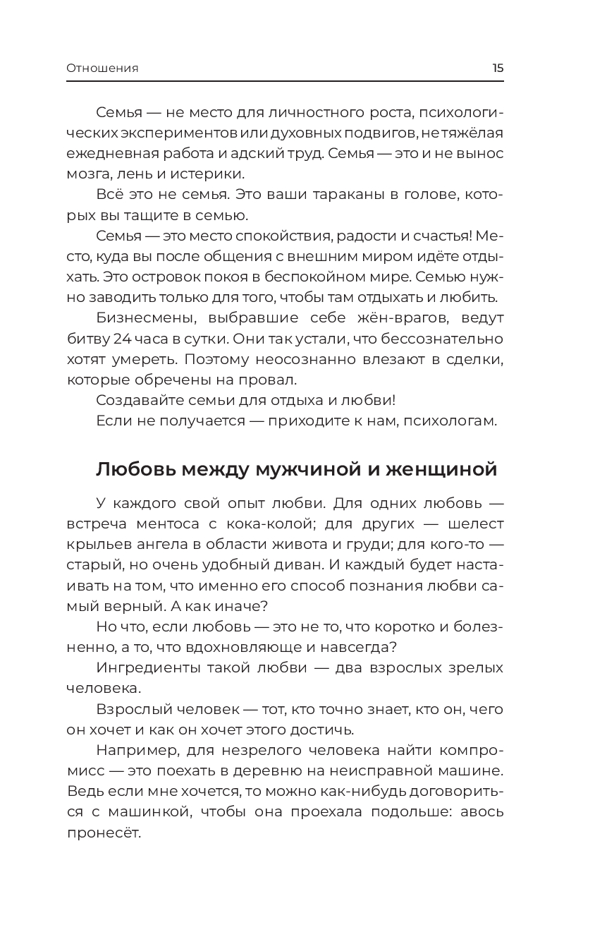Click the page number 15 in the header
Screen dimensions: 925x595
498,68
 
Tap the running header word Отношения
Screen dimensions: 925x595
102,68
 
